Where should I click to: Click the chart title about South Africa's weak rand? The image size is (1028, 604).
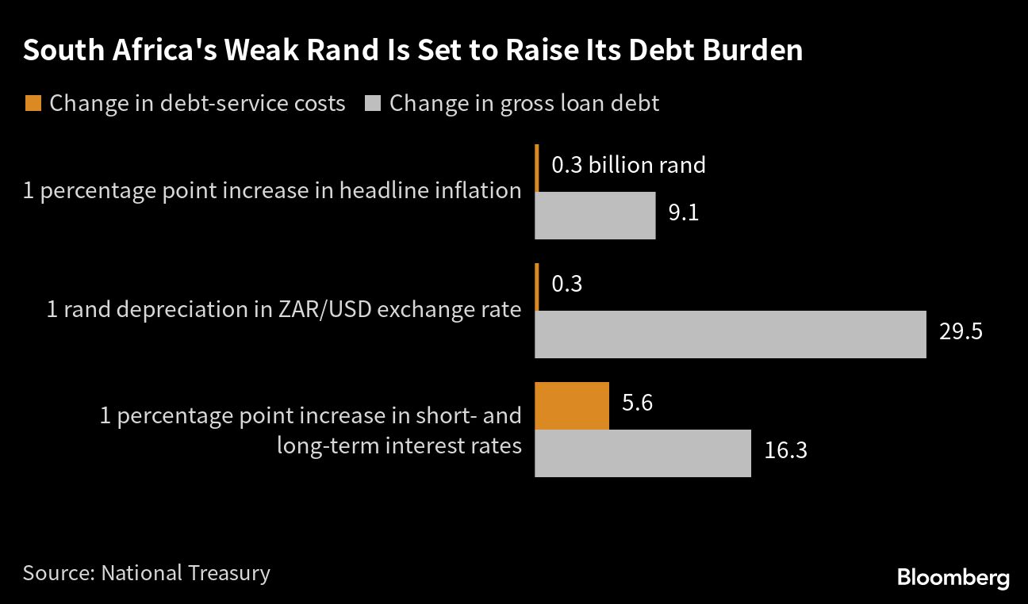[412, 51]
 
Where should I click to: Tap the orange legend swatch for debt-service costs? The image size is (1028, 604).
[33, 103]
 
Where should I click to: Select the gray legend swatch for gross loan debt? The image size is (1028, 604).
[374, 103]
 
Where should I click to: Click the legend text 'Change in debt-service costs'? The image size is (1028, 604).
[197, 104]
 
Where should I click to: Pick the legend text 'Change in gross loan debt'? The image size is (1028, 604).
[524, 104]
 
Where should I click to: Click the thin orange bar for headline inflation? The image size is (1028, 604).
[537, 168]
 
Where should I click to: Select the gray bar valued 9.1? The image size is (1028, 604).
[595, 215]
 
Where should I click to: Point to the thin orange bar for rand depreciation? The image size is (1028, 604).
[537, 287]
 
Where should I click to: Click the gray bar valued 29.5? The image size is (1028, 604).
[730, 334]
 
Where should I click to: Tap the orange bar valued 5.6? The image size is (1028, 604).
[572, 406]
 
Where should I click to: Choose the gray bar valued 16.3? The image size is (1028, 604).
[642, 453]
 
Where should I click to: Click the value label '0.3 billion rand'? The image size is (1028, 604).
[628, 165]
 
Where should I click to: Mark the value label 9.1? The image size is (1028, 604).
[683, 213]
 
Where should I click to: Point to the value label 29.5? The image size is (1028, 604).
[961, 331]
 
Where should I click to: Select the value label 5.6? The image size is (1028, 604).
[637, 403]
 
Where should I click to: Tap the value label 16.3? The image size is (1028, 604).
[786, 450]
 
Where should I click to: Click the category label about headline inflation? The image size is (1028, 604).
[272, 191]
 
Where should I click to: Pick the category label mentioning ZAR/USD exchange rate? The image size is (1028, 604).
[284, 309]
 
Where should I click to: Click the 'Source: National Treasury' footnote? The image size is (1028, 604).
[147, 573]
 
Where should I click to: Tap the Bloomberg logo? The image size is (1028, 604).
[953, 578]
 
